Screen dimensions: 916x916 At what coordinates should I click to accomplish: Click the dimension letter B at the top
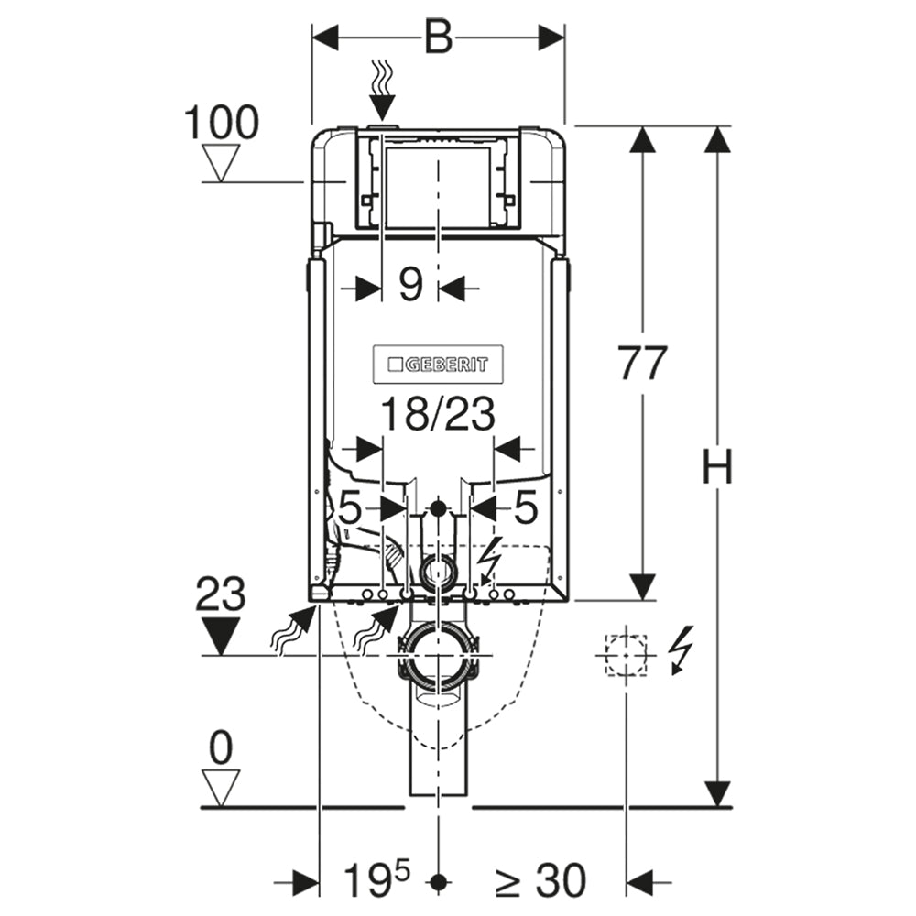tap(438, 38)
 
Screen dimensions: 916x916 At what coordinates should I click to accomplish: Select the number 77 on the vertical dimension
tap(643, 363)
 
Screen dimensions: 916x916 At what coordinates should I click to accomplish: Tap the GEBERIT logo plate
tap(438, 365)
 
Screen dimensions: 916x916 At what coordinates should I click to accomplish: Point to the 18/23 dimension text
tap(438, 414)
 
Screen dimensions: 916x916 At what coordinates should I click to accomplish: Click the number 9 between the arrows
tap(410, 285)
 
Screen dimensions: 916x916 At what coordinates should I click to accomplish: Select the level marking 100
tap(222, 123)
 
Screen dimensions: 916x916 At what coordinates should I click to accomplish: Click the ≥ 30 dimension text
tap(540, 880)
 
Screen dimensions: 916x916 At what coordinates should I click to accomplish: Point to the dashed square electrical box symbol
tap(627, 656)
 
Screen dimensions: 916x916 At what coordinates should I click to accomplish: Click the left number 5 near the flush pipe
tap(351, 507)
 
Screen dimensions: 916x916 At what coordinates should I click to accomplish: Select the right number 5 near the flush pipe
tap(525, 507)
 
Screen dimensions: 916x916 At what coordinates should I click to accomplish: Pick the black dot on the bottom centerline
tap(438, 881)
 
